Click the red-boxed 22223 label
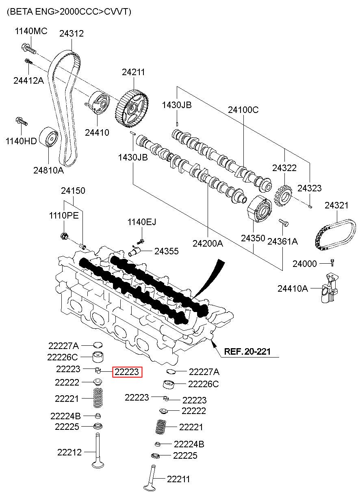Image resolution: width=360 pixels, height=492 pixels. (127, 372)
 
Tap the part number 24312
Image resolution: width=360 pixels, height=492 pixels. (71, 33)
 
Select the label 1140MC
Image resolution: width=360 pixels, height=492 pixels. (31, 31)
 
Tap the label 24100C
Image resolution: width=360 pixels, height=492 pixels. (243, 110)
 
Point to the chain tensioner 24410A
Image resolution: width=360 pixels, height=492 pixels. (328, 289)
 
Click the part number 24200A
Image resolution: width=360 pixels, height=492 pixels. (208, 243)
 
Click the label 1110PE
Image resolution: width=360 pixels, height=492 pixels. (64, 215)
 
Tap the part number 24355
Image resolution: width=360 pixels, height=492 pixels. (166, 251)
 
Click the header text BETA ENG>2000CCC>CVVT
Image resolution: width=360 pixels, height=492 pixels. (69, 12)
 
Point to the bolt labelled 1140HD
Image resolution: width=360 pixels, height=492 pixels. (21, 121)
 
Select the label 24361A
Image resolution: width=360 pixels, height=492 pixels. (282, 241)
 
